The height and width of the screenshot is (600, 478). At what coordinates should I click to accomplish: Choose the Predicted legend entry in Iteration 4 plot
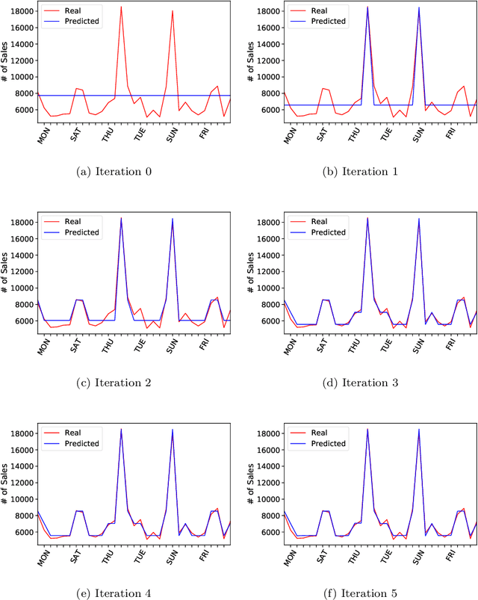pyautogui.click(x=81, y=444)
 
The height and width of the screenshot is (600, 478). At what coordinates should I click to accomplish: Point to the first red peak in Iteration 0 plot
pyautogui.click(x=121, y=7)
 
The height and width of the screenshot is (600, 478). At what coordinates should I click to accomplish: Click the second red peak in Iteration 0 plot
pyautogui.click(x=173, y=10)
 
